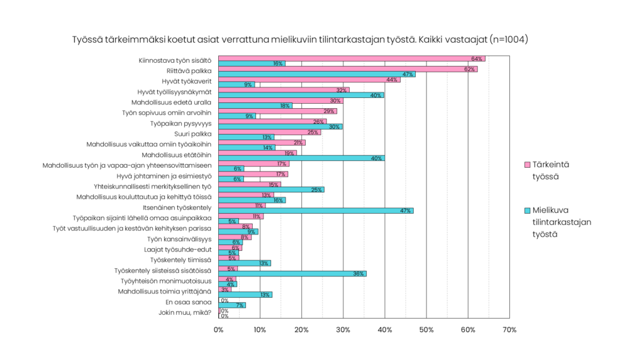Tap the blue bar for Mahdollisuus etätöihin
pyautogui.click(x=302, y=158)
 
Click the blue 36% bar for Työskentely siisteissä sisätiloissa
pyautogui.click(x=292, y=274)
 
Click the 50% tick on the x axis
pyautogui.click(x=426, y=331)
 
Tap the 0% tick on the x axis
pyautogui.click(x=219, y=331)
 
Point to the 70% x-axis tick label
pyautogui.click(x=509, y=331)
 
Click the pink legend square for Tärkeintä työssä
pyautogui.click(x=519, y=165)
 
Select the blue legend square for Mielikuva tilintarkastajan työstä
pyautogui.click(x=519, y=212)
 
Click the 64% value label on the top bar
pyautogui.click(x=477, y=58)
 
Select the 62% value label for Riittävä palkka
pyautogui.click(x=469, y=69)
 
